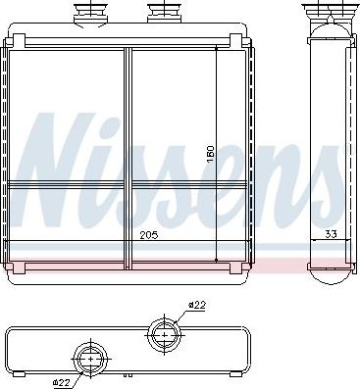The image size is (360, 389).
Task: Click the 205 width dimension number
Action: click(x=149, y=235)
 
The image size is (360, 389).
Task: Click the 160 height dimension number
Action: click(x=210, y=156)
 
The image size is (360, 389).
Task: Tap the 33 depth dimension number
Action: click(x=331, y=234)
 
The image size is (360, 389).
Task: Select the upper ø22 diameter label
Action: click(x=197, y=306)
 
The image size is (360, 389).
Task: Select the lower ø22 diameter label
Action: click(x=62, y=382)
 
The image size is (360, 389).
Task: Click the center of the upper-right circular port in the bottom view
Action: click(x=164, y=334)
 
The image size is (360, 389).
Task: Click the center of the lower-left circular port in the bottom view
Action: click(x=90, y=359)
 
